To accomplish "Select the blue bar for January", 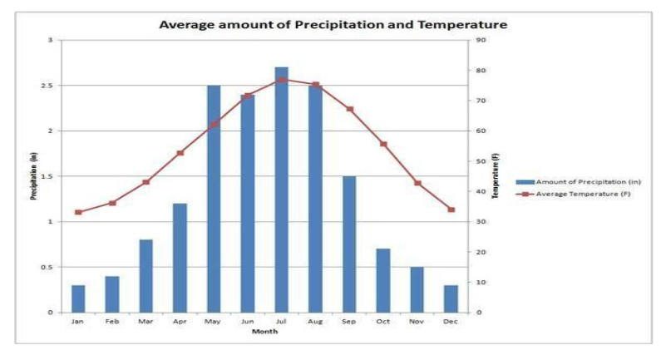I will coord(77,298).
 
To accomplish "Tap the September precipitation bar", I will coord(349,244).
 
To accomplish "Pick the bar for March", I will coord(146,275).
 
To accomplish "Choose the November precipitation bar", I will coord(417,289).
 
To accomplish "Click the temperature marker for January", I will coord(78,212).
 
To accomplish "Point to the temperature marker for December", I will coord(451,210).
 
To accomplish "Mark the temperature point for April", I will coord(180,153).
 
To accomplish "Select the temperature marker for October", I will coord(383,144).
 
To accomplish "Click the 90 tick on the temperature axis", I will coord(481,40).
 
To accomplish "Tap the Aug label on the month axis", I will coord(315,321).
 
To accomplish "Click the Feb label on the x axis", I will coord(111,321).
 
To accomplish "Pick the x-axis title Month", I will coord(264,331).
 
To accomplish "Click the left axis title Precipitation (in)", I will coord(34,175).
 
